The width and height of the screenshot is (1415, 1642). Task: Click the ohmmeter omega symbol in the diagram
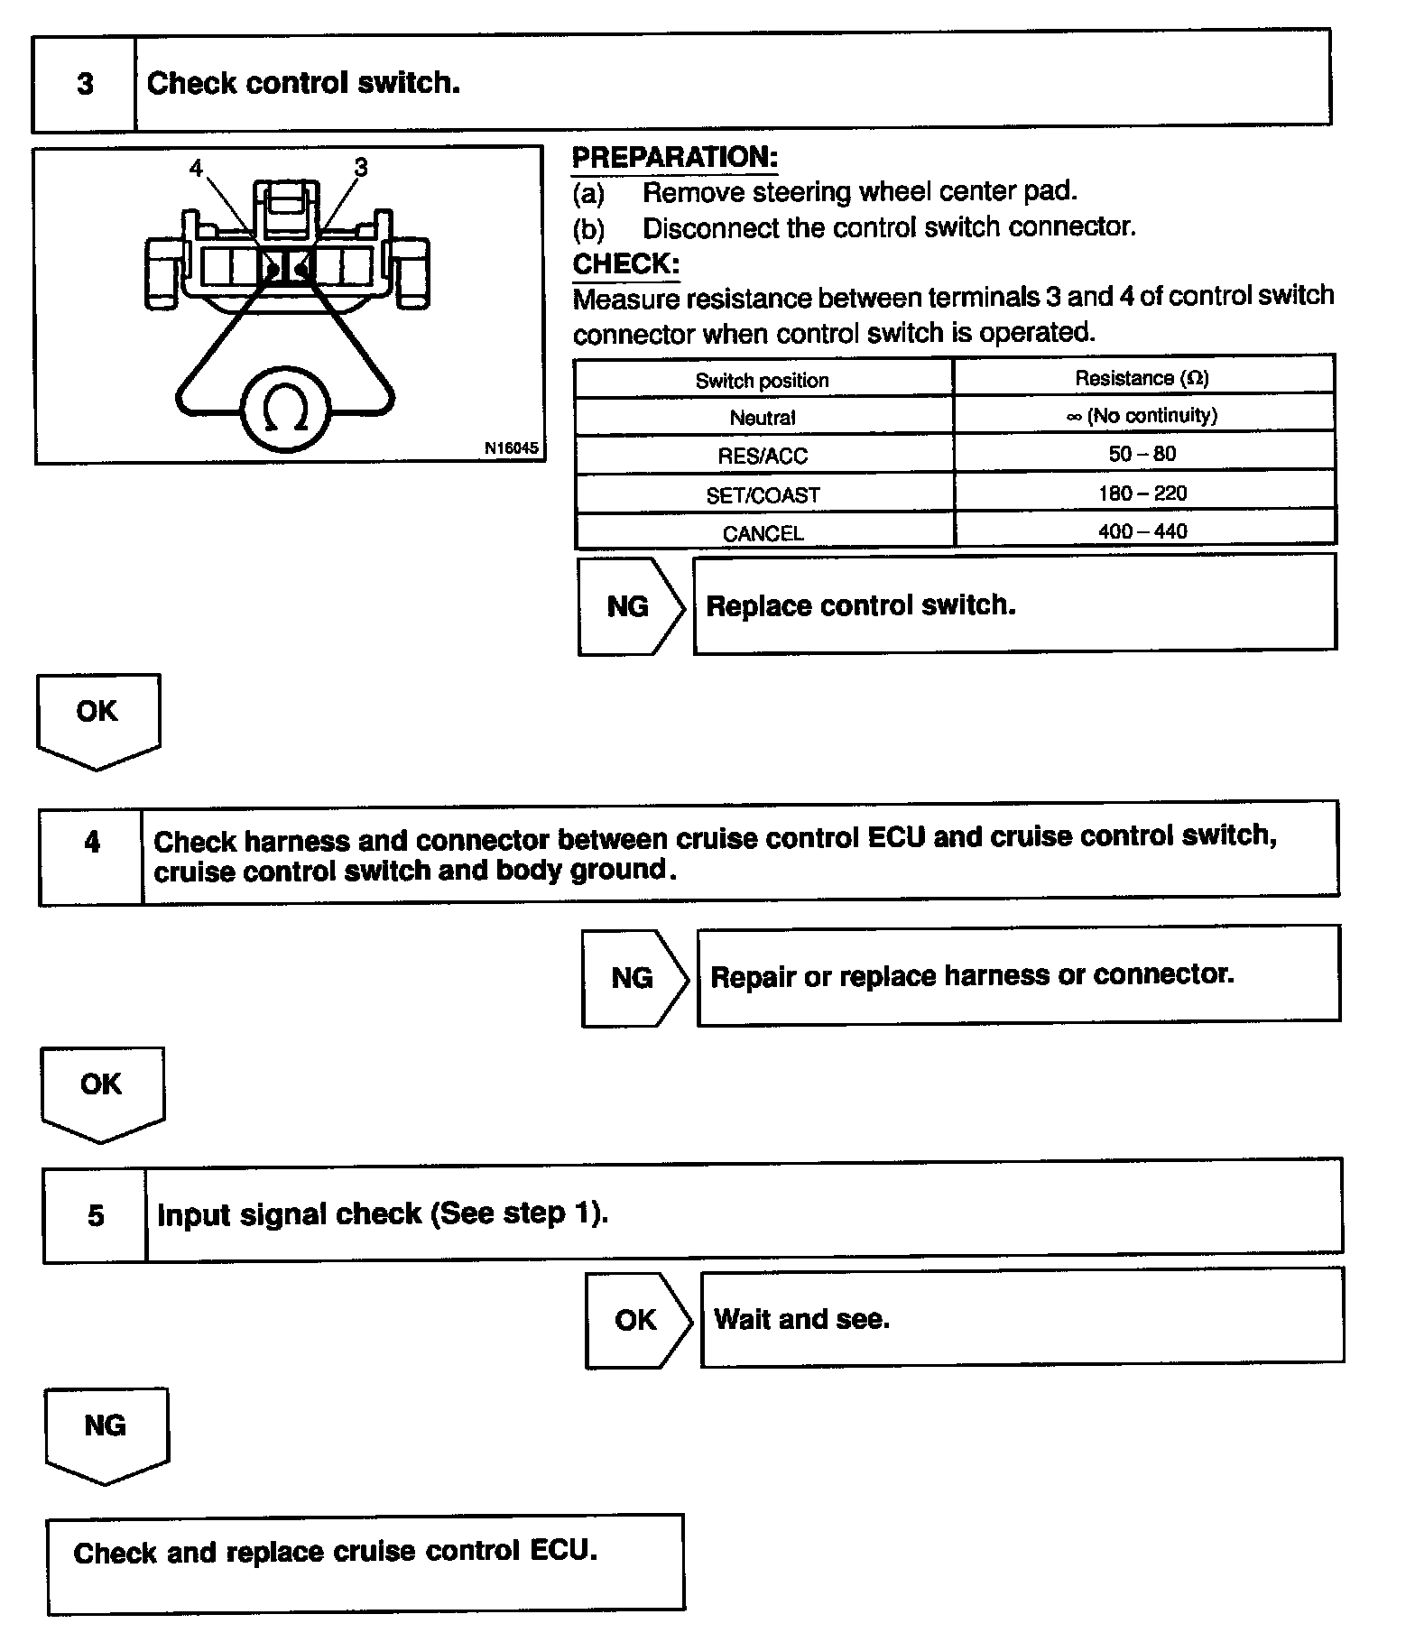[285, 410]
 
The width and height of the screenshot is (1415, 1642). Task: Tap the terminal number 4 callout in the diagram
[197, 168]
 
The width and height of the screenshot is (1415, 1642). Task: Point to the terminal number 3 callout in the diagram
[361, 167]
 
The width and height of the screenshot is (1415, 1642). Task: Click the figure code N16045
[511, 447]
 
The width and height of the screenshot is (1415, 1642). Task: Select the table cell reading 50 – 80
[1142, 454]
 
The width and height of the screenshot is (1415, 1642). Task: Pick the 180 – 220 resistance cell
[1142, 493]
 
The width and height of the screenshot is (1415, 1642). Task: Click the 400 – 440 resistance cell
[1142, 531]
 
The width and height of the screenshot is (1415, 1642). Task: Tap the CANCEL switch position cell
[763, 533]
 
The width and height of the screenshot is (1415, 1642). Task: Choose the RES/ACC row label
[763, 456]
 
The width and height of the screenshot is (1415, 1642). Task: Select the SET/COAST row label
[763, 495]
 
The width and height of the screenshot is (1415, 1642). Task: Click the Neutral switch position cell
[763, 418]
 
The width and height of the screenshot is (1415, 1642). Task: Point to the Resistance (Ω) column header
[1142, 378]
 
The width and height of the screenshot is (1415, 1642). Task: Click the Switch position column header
[762, 381]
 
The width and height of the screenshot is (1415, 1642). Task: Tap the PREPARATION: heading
[674, 157]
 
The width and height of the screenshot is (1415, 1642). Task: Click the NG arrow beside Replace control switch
[629, 606]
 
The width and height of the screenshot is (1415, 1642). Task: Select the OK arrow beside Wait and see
[636, 1320]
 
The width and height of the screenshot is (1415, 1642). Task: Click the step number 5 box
[95, 1215]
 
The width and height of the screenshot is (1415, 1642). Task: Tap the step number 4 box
[91, 842]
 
